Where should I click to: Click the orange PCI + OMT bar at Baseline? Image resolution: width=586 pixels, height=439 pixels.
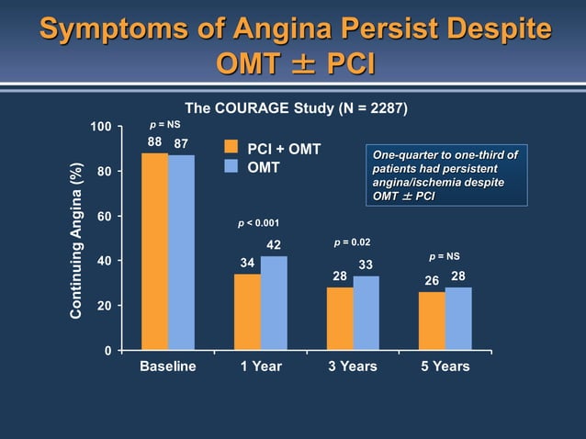[154, 252]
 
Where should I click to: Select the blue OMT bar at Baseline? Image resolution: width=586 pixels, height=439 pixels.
[181, 253]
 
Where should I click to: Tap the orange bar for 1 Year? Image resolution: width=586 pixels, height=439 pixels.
[247, 311]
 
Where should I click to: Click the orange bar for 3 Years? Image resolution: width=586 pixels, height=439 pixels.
[340, 319]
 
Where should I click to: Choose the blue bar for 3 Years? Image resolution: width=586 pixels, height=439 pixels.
[366, 313]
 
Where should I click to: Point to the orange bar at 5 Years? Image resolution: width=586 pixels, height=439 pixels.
[432, 321]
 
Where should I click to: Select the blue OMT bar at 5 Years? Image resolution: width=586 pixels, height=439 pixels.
[458, 319]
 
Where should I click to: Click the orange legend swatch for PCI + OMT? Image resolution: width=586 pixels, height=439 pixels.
[232, 149]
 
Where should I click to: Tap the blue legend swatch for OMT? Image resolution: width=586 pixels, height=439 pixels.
[232, 167]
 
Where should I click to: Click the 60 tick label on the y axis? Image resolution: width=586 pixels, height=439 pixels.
[105, 217]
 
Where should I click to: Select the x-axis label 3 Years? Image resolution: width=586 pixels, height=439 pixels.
[353, 366]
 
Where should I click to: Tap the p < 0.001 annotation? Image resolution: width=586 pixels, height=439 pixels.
[259, 223]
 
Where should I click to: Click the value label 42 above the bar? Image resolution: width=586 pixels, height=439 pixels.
[274, 244]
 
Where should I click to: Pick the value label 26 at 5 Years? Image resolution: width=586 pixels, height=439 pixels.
[432, 280]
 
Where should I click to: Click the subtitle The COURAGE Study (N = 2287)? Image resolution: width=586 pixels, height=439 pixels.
[297, 107]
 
